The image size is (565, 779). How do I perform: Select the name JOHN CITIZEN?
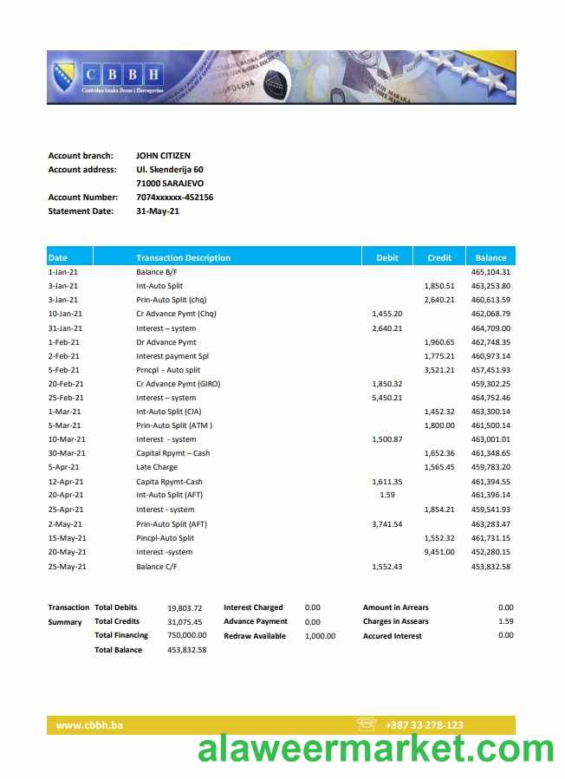[163, 156]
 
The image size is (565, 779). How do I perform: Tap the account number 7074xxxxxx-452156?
[174, 198]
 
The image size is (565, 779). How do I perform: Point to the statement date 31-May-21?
[158, 211]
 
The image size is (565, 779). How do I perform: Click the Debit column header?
[387, 257]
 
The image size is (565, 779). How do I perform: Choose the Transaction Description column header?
[183, 257]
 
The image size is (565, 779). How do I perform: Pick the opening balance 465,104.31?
[490, 272]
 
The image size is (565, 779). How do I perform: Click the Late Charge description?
[157, 468]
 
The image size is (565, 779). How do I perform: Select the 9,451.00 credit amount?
[439, 552]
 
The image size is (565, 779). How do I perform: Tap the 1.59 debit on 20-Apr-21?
[387, 496]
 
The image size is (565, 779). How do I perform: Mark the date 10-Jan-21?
[65, 314]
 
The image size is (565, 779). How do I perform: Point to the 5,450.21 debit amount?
[386, 398]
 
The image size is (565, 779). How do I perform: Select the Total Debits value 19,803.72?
[185, 608]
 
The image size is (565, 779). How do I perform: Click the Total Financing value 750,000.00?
[187, 636]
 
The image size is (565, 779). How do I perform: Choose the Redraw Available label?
[255, 636]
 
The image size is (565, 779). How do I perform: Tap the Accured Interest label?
[393, 636]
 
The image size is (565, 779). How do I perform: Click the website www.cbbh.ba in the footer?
[89, 725]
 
